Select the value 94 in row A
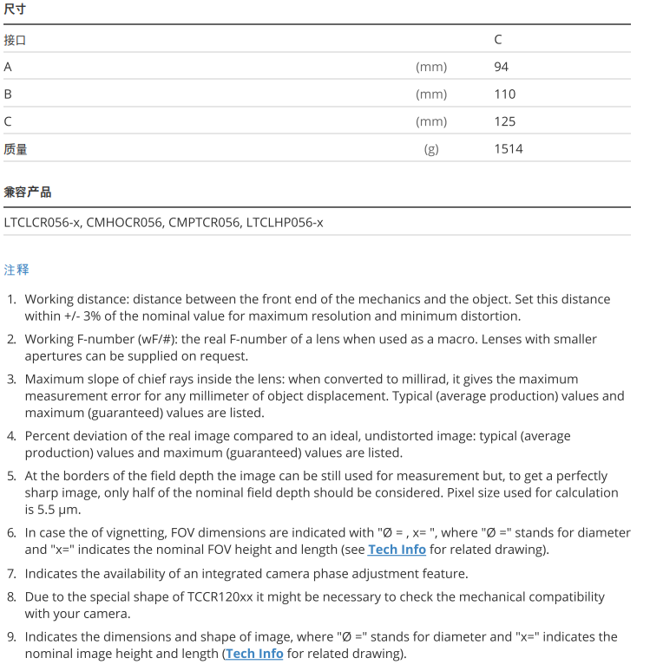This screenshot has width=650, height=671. click(501, 67)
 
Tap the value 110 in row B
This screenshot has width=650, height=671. click(504, 94)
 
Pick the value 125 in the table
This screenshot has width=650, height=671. click(504, 121)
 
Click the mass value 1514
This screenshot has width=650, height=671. click(509, 149)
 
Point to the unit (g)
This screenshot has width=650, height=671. click(431, 149)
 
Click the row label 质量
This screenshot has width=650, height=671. click(16, 149)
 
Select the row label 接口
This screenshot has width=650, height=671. click(16, 40)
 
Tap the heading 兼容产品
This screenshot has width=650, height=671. click(27, 192)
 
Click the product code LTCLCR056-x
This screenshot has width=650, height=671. click(42, 223)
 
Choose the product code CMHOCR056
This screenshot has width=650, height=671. click(125, 223)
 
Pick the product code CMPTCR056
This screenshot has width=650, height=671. click(204, 223)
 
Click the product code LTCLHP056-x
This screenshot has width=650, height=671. click(285, 223)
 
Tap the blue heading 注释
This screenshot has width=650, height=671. click(16, 270)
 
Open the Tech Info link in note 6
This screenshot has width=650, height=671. click(397, 550)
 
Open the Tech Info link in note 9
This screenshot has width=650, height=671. click(254, 654)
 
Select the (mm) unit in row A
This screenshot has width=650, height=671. click(431, 67)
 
